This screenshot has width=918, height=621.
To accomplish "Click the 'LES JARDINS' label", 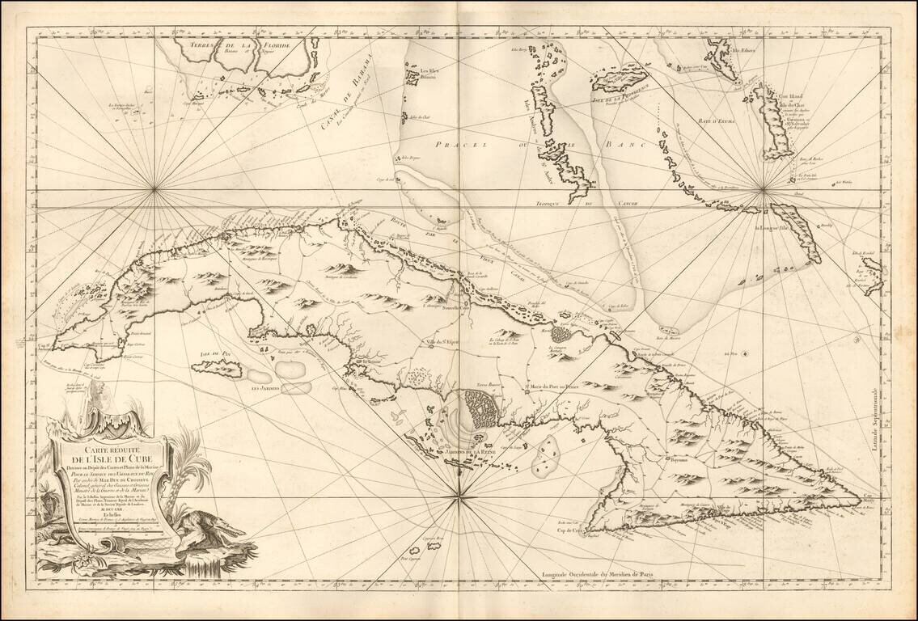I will (x=266, y=387).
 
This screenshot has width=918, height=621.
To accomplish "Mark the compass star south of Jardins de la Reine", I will (x=459, y=497).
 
